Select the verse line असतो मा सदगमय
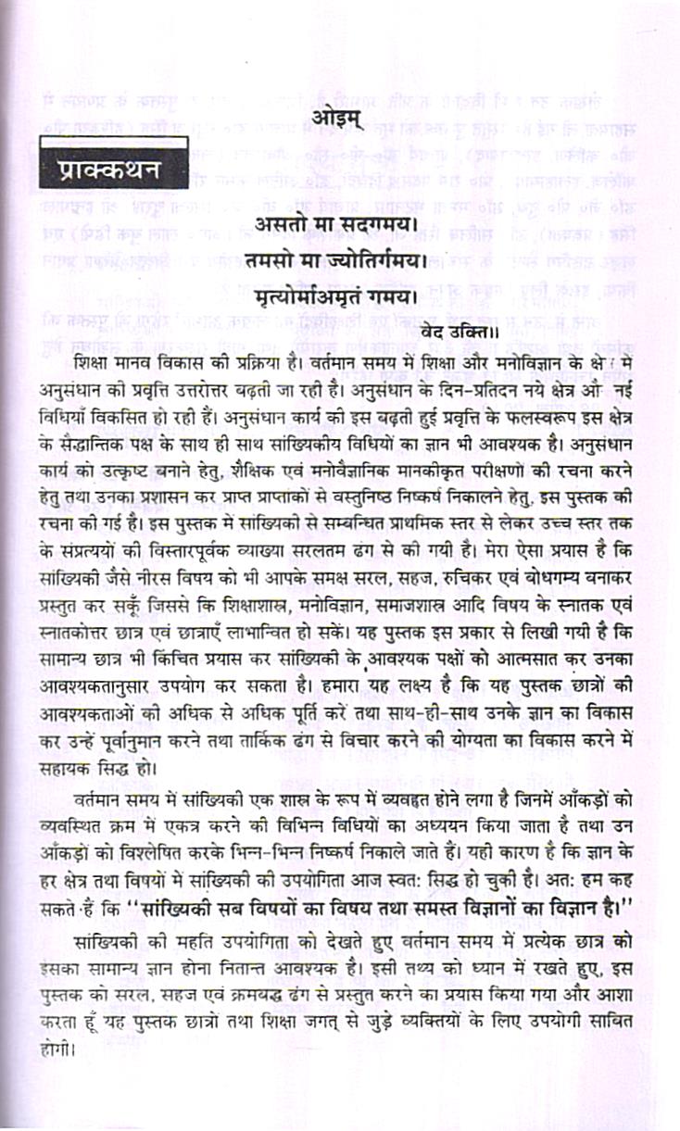click(x=332, y=225)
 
